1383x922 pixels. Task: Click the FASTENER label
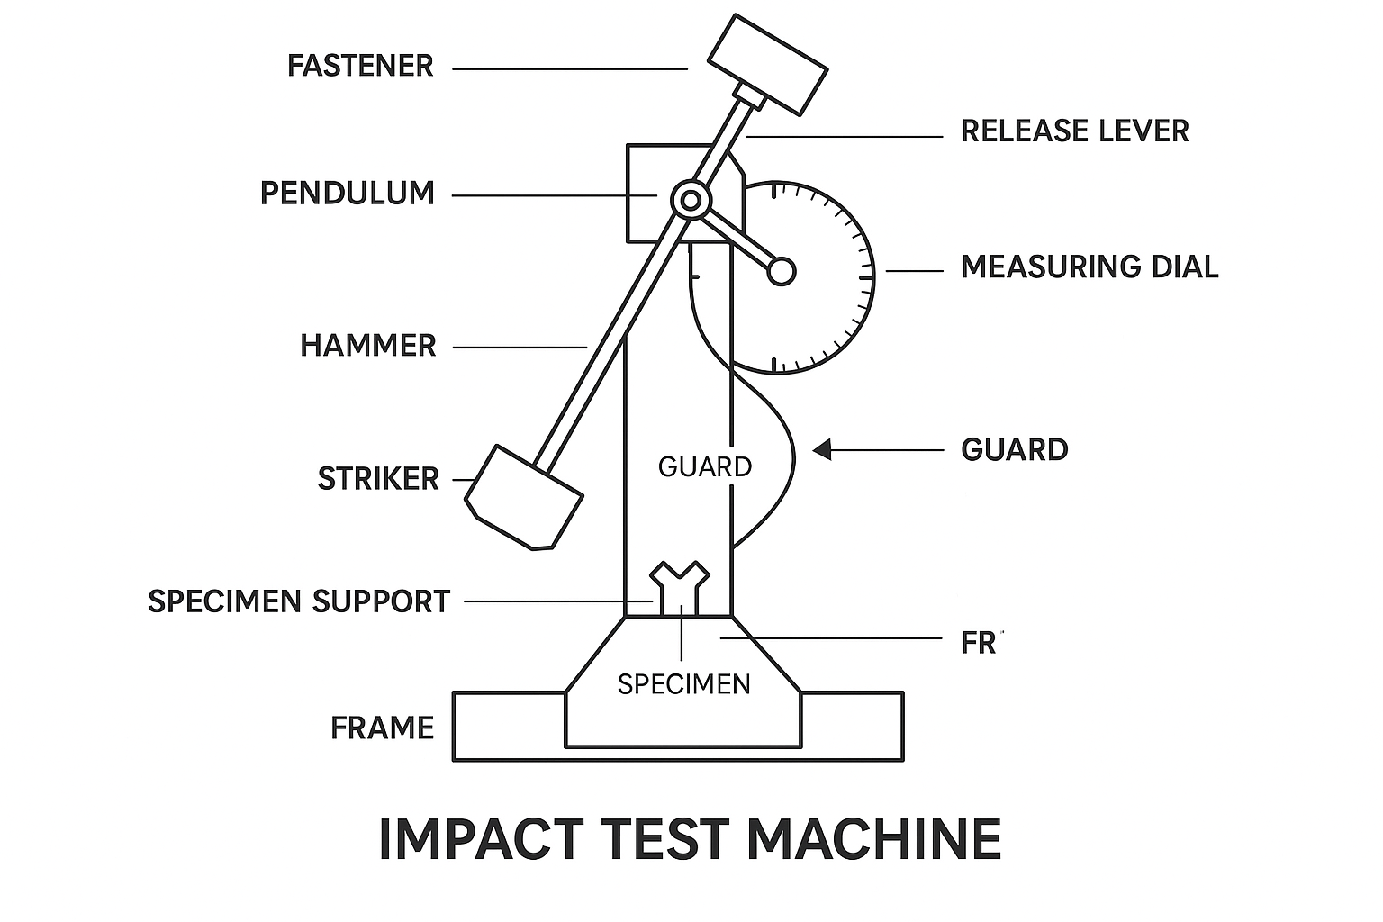(x=360, y=67)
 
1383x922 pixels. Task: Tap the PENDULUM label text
(x=348, y=194)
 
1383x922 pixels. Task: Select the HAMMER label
(x=367, y=346)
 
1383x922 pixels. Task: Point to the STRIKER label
(x=378, y=479)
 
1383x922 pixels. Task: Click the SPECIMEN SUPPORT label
(x=299, y=601)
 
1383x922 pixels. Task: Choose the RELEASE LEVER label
(x=1074, y=131)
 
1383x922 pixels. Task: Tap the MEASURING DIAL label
(x=1089, y=267)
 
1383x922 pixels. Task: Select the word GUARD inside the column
(x=704, y=466)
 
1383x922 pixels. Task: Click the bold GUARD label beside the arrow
(x=1014, y=450)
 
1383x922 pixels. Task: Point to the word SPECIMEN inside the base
(x=683, y=684)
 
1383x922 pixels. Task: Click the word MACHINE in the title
(x=873, y=839)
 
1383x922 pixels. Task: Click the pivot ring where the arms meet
(x=691, y=200)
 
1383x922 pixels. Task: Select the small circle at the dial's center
(x=781, y=271)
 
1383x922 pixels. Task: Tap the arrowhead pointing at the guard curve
(x=822, y=449)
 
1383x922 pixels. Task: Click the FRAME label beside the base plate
(x=382, y=728)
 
